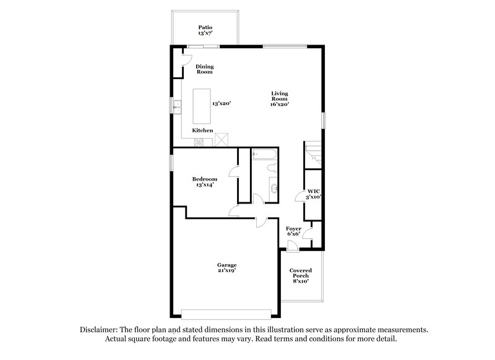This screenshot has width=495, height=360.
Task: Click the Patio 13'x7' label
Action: point(205,30)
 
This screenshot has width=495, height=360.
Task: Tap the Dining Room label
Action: point(205,69)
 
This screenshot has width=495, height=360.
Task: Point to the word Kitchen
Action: point(202,131)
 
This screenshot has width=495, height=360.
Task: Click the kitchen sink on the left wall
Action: point(177,108)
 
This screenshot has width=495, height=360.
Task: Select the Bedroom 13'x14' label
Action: point(204,182)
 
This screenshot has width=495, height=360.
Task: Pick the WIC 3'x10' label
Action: point(313,194)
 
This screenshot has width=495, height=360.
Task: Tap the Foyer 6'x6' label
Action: point(294,231)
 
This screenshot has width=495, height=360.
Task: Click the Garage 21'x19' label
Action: point(226,267)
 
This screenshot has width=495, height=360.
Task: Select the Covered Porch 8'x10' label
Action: point(301,275)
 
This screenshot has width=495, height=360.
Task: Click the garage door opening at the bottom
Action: point(226,312)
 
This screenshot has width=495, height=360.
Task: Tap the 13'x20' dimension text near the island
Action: point(222,104)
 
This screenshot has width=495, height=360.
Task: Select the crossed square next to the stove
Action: point(222,140)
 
